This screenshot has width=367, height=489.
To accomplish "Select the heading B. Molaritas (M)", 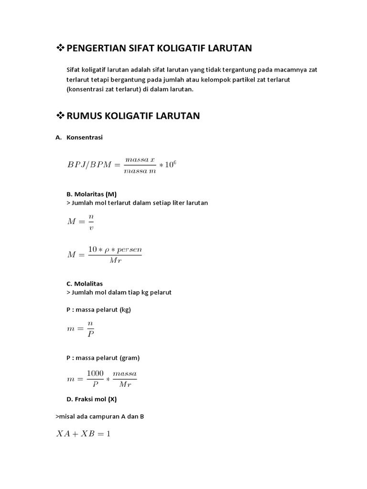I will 91,194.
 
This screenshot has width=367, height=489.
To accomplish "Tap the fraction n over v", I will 91,222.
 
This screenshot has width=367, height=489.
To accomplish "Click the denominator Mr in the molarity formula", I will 115,260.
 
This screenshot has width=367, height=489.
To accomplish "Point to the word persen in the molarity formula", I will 130,250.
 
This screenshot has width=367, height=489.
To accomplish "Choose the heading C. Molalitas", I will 85,284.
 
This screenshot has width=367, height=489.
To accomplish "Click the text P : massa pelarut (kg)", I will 98,309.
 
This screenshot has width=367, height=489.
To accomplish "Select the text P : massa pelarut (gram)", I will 103,358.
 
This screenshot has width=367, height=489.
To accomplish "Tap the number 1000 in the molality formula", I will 95,373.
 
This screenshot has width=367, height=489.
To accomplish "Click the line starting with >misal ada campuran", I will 100,416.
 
